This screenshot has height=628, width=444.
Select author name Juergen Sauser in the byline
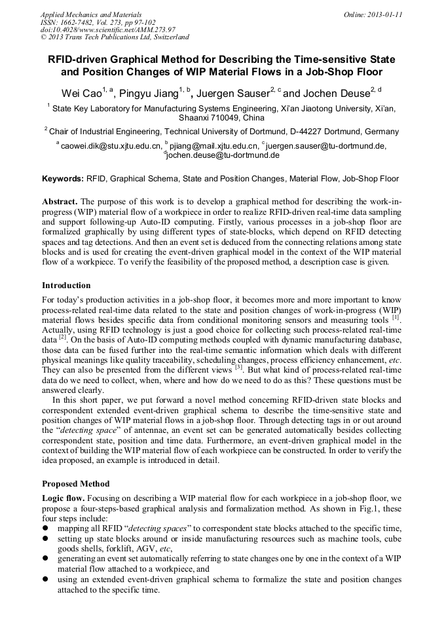(234, 94)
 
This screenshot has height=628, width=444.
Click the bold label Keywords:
(63, 178)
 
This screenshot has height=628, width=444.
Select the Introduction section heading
(66, 286)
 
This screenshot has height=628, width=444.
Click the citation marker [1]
(395, 318)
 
